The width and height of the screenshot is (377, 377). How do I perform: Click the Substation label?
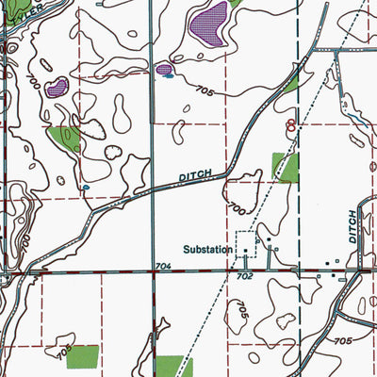click(207, 250)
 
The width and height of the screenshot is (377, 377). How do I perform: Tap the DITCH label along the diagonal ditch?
click(198, 176)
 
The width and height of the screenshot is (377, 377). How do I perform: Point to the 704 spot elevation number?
click(164, 267)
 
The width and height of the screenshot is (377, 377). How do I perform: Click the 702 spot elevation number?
click(244, 277)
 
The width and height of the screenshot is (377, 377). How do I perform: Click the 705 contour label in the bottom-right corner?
click(341, 340)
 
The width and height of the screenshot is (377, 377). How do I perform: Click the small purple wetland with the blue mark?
click(166, 69)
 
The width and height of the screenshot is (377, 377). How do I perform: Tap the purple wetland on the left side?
click(58, 88)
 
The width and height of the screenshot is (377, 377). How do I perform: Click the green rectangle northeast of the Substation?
click(284, 167)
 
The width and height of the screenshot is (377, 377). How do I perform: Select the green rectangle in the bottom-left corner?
click(82, 356)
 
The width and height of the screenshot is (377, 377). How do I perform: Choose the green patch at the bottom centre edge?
click(172, 366)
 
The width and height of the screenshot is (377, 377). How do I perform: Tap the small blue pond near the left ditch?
click(85, 188)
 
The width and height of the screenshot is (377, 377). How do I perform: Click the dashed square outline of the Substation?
click(245, 243)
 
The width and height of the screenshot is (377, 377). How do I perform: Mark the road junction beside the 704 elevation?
click(154, 273)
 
